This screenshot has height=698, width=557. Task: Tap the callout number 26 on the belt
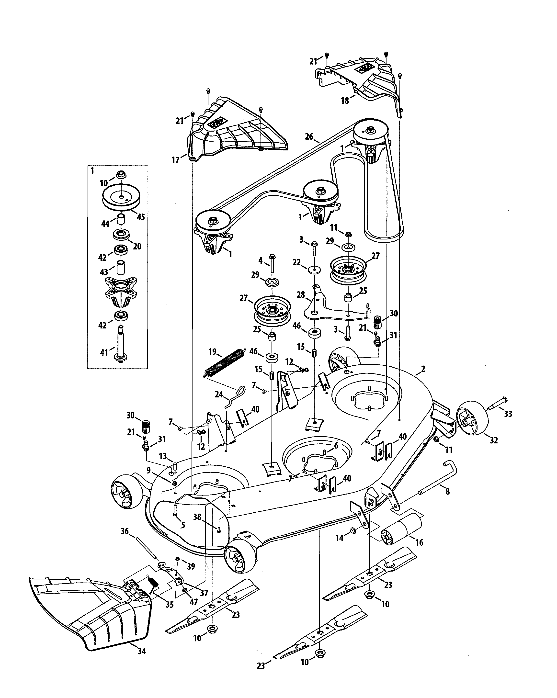tap(309, 137)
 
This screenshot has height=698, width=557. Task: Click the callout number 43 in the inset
tap(104, 272)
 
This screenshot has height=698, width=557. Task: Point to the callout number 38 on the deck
tap(197, 517)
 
